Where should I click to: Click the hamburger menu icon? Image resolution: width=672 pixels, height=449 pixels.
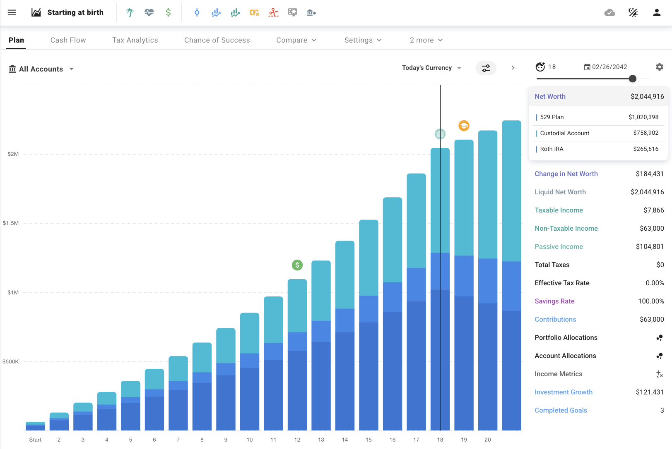pos(12,12)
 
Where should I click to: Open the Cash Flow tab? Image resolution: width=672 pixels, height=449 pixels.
pos(68,40)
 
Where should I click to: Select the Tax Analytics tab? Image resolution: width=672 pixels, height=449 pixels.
pos(135,40)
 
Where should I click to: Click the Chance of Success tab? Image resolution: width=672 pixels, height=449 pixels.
pos(217,40)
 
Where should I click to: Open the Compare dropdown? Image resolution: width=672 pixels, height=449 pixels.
pos(296,40)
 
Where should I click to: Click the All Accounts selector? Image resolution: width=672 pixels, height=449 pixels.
pos(41,69)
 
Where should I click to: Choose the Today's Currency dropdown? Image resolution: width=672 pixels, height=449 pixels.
pos(431,68)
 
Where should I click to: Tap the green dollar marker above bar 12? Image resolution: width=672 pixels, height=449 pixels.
pos(297,265)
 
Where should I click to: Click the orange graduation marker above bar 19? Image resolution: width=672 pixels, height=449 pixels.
pos(464,126)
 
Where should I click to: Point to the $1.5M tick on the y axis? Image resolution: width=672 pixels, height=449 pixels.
pos(11,223)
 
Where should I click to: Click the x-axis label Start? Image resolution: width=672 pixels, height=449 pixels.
pos(35,439)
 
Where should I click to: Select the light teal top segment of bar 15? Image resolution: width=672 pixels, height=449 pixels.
pos(369,256)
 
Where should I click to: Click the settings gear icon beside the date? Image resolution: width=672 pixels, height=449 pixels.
pos(660,67)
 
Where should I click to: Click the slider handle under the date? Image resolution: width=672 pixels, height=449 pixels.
pos(632,79)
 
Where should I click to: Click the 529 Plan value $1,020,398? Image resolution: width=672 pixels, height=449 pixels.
pos(643,117)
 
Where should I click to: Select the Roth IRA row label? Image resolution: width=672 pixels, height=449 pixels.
pos(552,149)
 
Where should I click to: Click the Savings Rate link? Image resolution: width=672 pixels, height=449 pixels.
pos(554,301)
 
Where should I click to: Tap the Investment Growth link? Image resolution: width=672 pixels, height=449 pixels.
pos(563,392)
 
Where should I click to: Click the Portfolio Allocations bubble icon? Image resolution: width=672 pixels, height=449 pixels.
pos(660,338)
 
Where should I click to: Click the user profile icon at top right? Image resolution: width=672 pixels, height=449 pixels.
pos(657,12)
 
